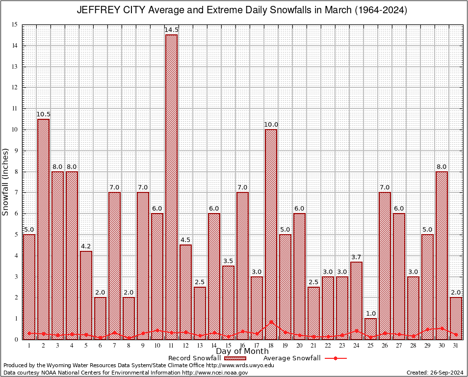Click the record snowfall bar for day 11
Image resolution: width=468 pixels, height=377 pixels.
pyautogui.click(x=171, y=187)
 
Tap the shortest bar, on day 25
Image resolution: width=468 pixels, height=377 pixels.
pyautogui.click(x=371, y=328)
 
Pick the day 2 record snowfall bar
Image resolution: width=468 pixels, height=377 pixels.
pyautogui.click(x=43, y=229)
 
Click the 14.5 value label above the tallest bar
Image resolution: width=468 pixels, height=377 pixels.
pyautogui.click(x=171, y=30)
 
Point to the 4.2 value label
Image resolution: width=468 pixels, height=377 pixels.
pyautogui.click(x=86, y=246)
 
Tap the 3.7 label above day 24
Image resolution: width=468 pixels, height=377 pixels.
pyautogui.click(x=357, y=257)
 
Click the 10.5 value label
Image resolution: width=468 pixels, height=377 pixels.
pyautogui.click(x=43, y=114)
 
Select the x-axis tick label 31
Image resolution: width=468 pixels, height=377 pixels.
pyautogui.click(x=456, y=346)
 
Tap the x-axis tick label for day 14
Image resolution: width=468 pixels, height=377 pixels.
pyautogui.click(x=214, y=346)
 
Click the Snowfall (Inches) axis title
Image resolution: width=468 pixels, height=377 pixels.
pyautogui.click(x=5, y=182)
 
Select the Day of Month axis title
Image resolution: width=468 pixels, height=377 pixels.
pyautogui.click(x=242, y=351)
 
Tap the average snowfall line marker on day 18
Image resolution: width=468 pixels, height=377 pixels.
pyautogui.click(x=271, y=322)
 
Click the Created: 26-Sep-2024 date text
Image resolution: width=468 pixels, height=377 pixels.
pyautogui.click(x=435, y=373)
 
